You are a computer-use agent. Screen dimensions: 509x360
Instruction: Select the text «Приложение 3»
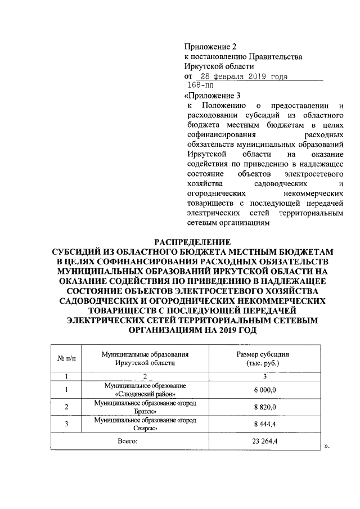[x=211, y=96]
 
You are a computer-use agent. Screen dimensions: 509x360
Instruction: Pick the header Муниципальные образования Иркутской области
[x=145, y=358]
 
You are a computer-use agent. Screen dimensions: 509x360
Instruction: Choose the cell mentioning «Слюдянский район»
[x=145, y=389]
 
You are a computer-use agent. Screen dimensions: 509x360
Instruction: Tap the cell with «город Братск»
[x=145, y=407]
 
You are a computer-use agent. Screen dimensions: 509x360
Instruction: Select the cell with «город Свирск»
[x=145, y=424]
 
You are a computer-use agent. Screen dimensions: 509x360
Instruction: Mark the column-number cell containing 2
[x=145, y=376]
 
